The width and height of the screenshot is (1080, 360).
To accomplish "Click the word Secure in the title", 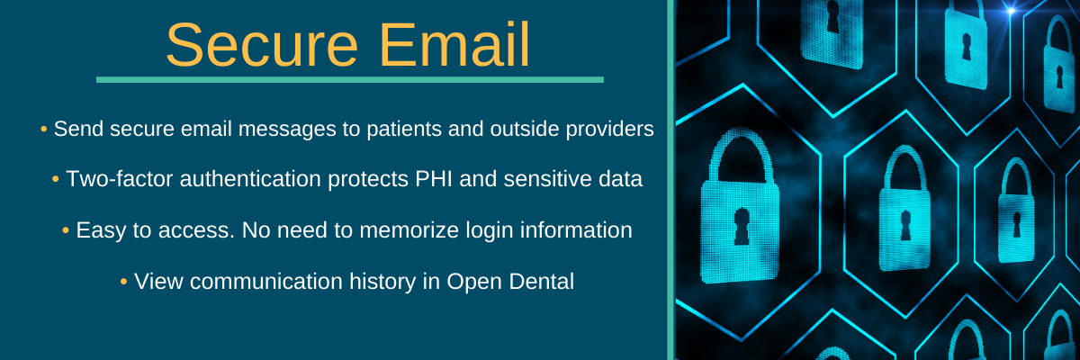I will click(261, 45).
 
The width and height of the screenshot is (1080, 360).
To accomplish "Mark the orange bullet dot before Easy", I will click(66, 231).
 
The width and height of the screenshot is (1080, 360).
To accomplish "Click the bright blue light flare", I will click(1010, 11).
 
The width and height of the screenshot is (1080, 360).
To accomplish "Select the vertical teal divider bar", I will click(670, 180).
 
